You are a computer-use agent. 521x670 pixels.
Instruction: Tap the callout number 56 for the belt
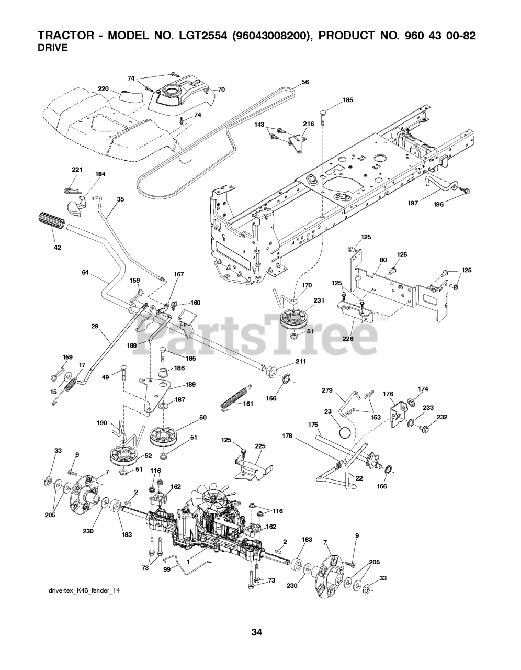(305, 82)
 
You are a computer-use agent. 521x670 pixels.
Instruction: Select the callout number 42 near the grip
(58, 247)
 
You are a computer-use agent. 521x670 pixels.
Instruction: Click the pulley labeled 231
(295, 320)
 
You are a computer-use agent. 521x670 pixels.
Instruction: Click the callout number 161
(247, 404)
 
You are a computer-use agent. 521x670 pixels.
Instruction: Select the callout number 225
(260, 446)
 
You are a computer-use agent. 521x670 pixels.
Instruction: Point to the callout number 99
(167, 568)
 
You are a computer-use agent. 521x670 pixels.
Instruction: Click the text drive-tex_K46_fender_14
(84, 590)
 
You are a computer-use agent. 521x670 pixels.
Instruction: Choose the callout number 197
(413, 203)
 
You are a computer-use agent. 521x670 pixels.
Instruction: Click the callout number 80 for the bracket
(383, 260)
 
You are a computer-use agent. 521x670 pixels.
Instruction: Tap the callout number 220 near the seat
(103, 88)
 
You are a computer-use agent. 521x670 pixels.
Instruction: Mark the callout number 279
(326, 390)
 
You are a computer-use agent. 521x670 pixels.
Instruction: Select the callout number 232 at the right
(442, 417)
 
